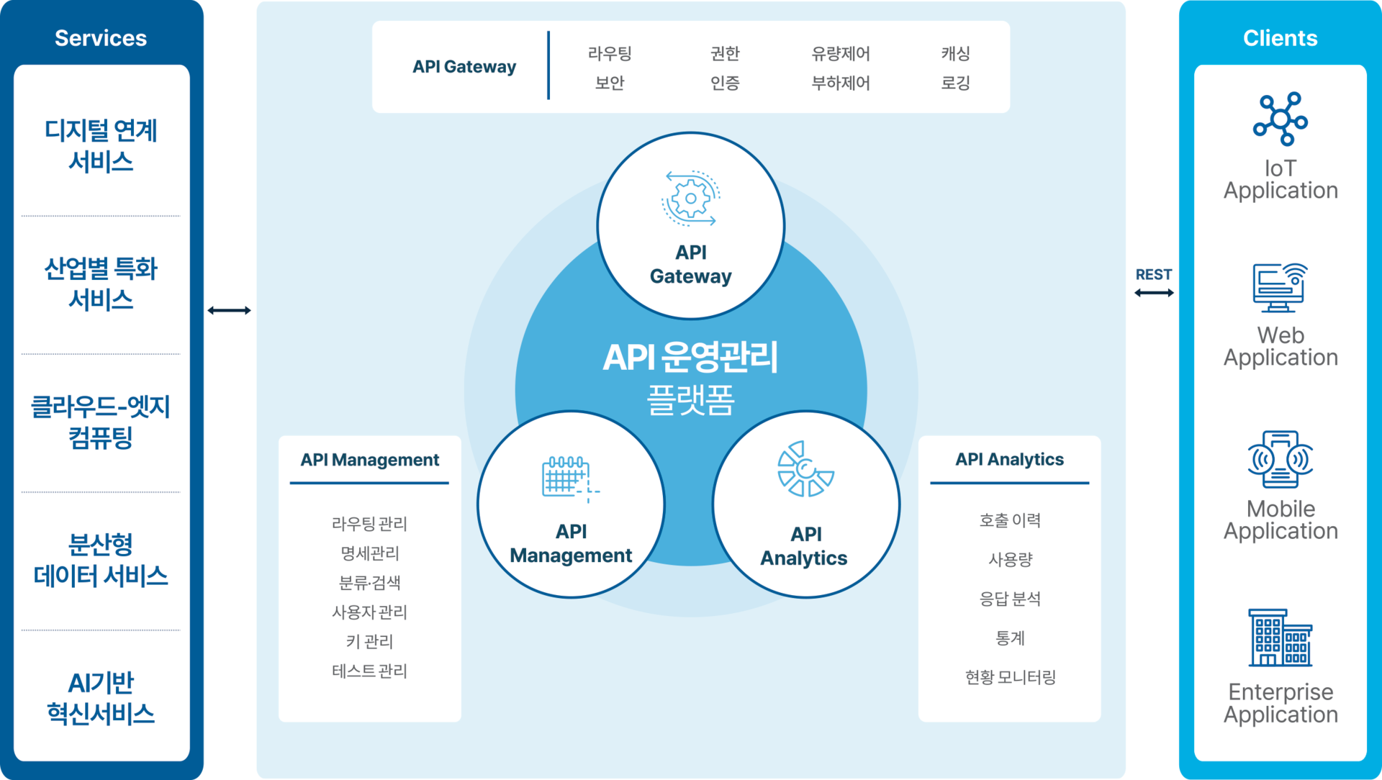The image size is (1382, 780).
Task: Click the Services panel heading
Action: point(101,38)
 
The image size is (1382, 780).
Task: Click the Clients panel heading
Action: point(1280,38)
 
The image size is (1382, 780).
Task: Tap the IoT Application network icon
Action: point(1280,119)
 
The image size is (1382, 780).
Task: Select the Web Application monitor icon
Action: point(1280,287)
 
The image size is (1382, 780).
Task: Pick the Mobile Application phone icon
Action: point(1280,458)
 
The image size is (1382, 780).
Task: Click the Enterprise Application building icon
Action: point(1280,638)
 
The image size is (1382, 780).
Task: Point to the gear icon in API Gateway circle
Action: point(690,198)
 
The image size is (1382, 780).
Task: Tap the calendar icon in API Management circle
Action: point(569,477)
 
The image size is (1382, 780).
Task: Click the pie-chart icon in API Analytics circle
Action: point(805,469)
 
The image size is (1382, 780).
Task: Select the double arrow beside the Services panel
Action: point(229,310)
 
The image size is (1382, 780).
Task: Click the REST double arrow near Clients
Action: point(1153,292)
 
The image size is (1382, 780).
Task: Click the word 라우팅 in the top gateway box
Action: point(609,53)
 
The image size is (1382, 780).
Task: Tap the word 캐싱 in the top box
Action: point(955,53)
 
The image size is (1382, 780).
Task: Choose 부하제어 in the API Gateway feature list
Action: point(840,83)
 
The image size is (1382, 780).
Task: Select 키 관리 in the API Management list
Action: point(369,641)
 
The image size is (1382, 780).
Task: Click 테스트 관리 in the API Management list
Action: point(369,671)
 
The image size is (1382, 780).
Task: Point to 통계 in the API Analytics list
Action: point(1009,638)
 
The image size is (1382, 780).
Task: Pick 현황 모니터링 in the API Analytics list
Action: point(1009,676)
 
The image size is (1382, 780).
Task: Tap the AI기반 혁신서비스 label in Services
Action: point(101,698)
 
